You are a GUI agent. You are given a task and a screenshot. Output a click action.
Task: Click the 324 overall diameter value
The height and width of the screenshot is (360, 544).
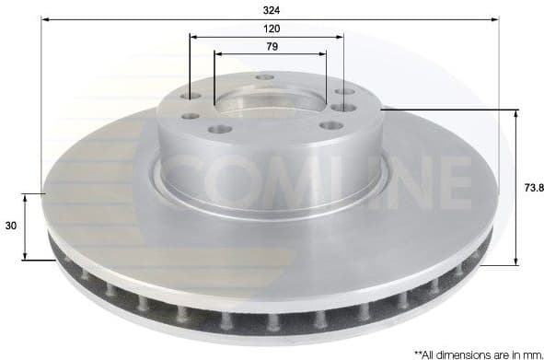coord(270,9)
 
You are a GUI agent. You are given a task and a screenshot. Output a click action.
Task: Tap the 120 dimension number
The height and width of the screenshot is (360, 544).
coord(267,29)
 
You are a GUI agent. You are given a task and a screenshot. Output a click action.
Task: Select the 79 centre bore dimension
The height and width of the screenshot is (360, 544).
coord(272,46)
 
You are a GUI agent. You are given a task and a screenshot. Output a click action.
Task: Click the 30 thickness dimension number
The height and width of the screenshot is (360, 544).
coord(11,225)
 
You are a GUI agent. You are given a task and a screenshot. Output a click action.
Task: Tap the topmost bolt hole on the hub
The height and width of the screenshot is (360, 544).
coord(265,76)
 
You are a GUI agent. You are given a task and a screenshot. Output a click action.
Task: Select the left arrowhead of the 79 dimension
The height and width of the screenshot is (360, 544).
coord(218,53)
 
